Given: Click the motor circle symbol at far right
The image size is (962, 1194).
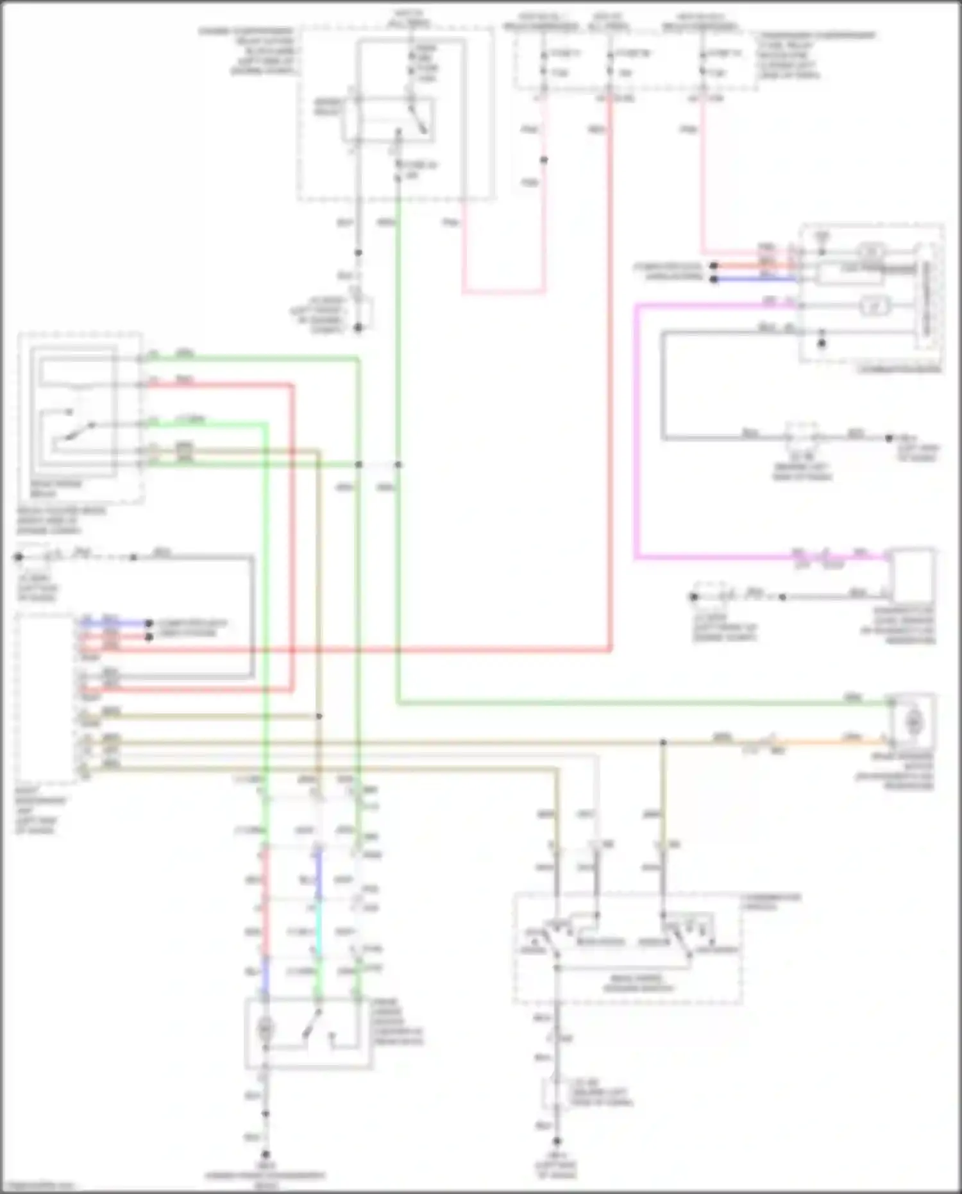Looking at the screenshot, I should click(x=913, y=723).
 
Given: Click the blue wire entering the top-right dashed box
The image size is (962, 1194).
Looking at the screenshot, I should click(x=757, y=279).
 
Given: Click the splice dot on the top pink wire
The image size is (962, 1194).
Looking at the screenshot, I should click(x=544, y=160).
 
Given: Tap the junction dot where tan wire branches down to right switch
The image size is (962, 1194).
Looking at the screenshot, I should click(x=663, y=742).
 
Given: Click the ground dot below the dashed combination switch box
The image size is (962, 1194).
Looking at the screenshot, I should click(x=557, y=1141).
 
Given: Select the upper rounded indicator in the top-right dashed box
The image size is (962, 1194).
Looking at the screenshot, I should click(x=870, y=251).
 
